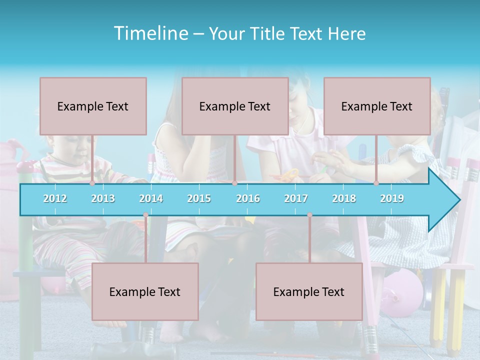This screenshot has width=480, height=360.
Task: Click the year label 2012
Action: point(55,198)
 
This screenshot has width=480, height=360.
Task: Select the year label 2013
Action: point(103,198)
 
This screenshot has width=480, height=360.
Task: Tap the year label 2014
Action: point(151,198)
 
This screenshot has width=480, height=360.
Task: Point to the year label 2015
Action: point(199,198)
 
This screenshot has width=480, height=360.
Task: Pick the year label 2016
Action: point(248,198)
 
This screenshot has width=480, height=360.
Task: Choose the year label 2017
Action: point(296,198)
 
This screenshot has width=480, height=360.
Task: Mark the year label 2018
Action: point(344,198)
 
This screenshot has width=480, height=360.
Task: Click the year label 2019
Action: point(392,198)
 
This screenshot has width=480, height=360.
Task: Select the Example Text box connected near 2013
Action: point(93,106)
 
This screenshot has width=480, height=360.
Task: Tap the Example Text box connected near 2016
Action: point(235,106)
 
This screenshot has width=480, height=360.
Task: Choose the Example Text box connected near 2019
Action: point(377,106)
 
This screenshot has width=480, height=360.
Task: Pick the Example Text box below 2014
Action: point(145,291)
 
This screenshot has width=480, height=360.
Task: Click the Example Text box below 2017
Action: point(309,291)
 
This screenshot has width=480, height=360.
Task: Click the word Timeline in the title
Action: point(150,33)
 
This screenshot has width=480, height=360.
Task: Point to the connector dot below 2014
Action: point(145,215)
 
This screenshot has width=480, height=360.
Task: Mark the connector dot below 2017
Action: point(309,215)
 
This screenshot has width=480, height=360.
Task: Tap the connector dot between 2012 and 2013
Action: point(92,183)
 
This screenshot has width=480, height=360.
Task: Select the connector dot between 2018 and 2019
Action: point(376,183)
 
